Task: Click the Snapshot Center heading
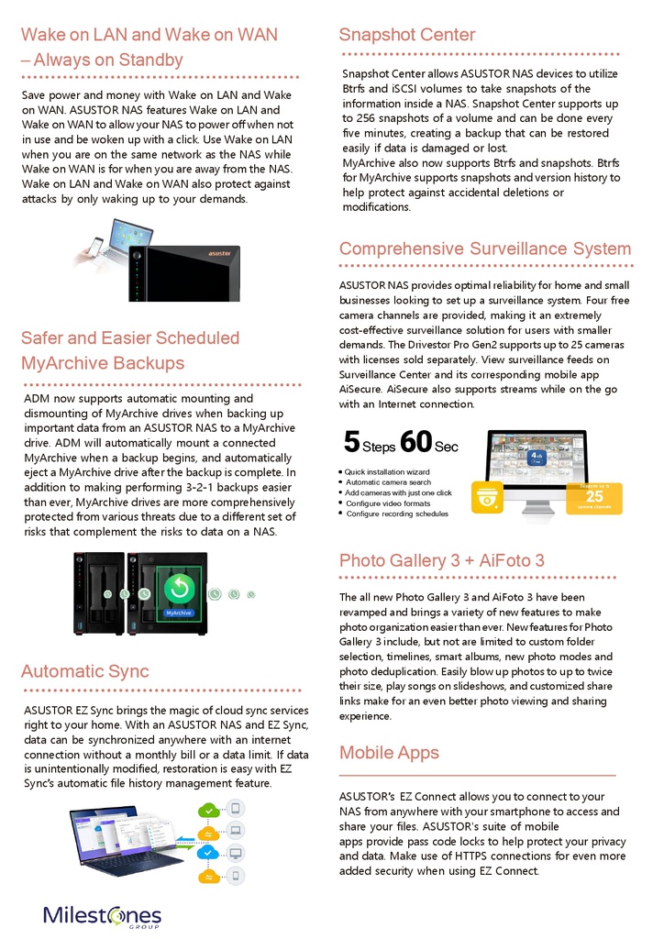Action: [x=406, y=35]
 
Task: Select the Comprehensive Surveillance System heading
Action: [x=484, y=249]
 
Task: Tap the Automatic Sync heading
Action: [x=84, y=671]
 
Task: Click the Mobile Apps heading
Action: [x=389, y=753]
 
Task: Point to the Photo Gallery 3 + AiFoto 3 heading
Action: [x=441, y=560]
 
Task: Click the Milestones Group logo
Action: [x=102, y=916]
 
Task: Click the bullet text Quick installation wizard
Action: [x=387, y=472]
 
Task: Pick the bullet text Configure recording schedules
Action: [x=397, y=514]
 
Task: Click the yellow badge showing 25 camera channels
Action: [x=594, y=498]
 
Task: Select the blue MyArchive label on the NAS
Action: [x=178, y=612]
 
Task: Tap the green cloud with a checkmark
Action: [x=210, y=810]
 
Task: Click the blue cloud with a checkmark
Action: [x=210, y=853]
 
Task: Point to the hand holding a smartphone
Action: [x=94, y=249]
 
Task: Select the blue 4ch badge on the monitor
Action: [x=538, y=455]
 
